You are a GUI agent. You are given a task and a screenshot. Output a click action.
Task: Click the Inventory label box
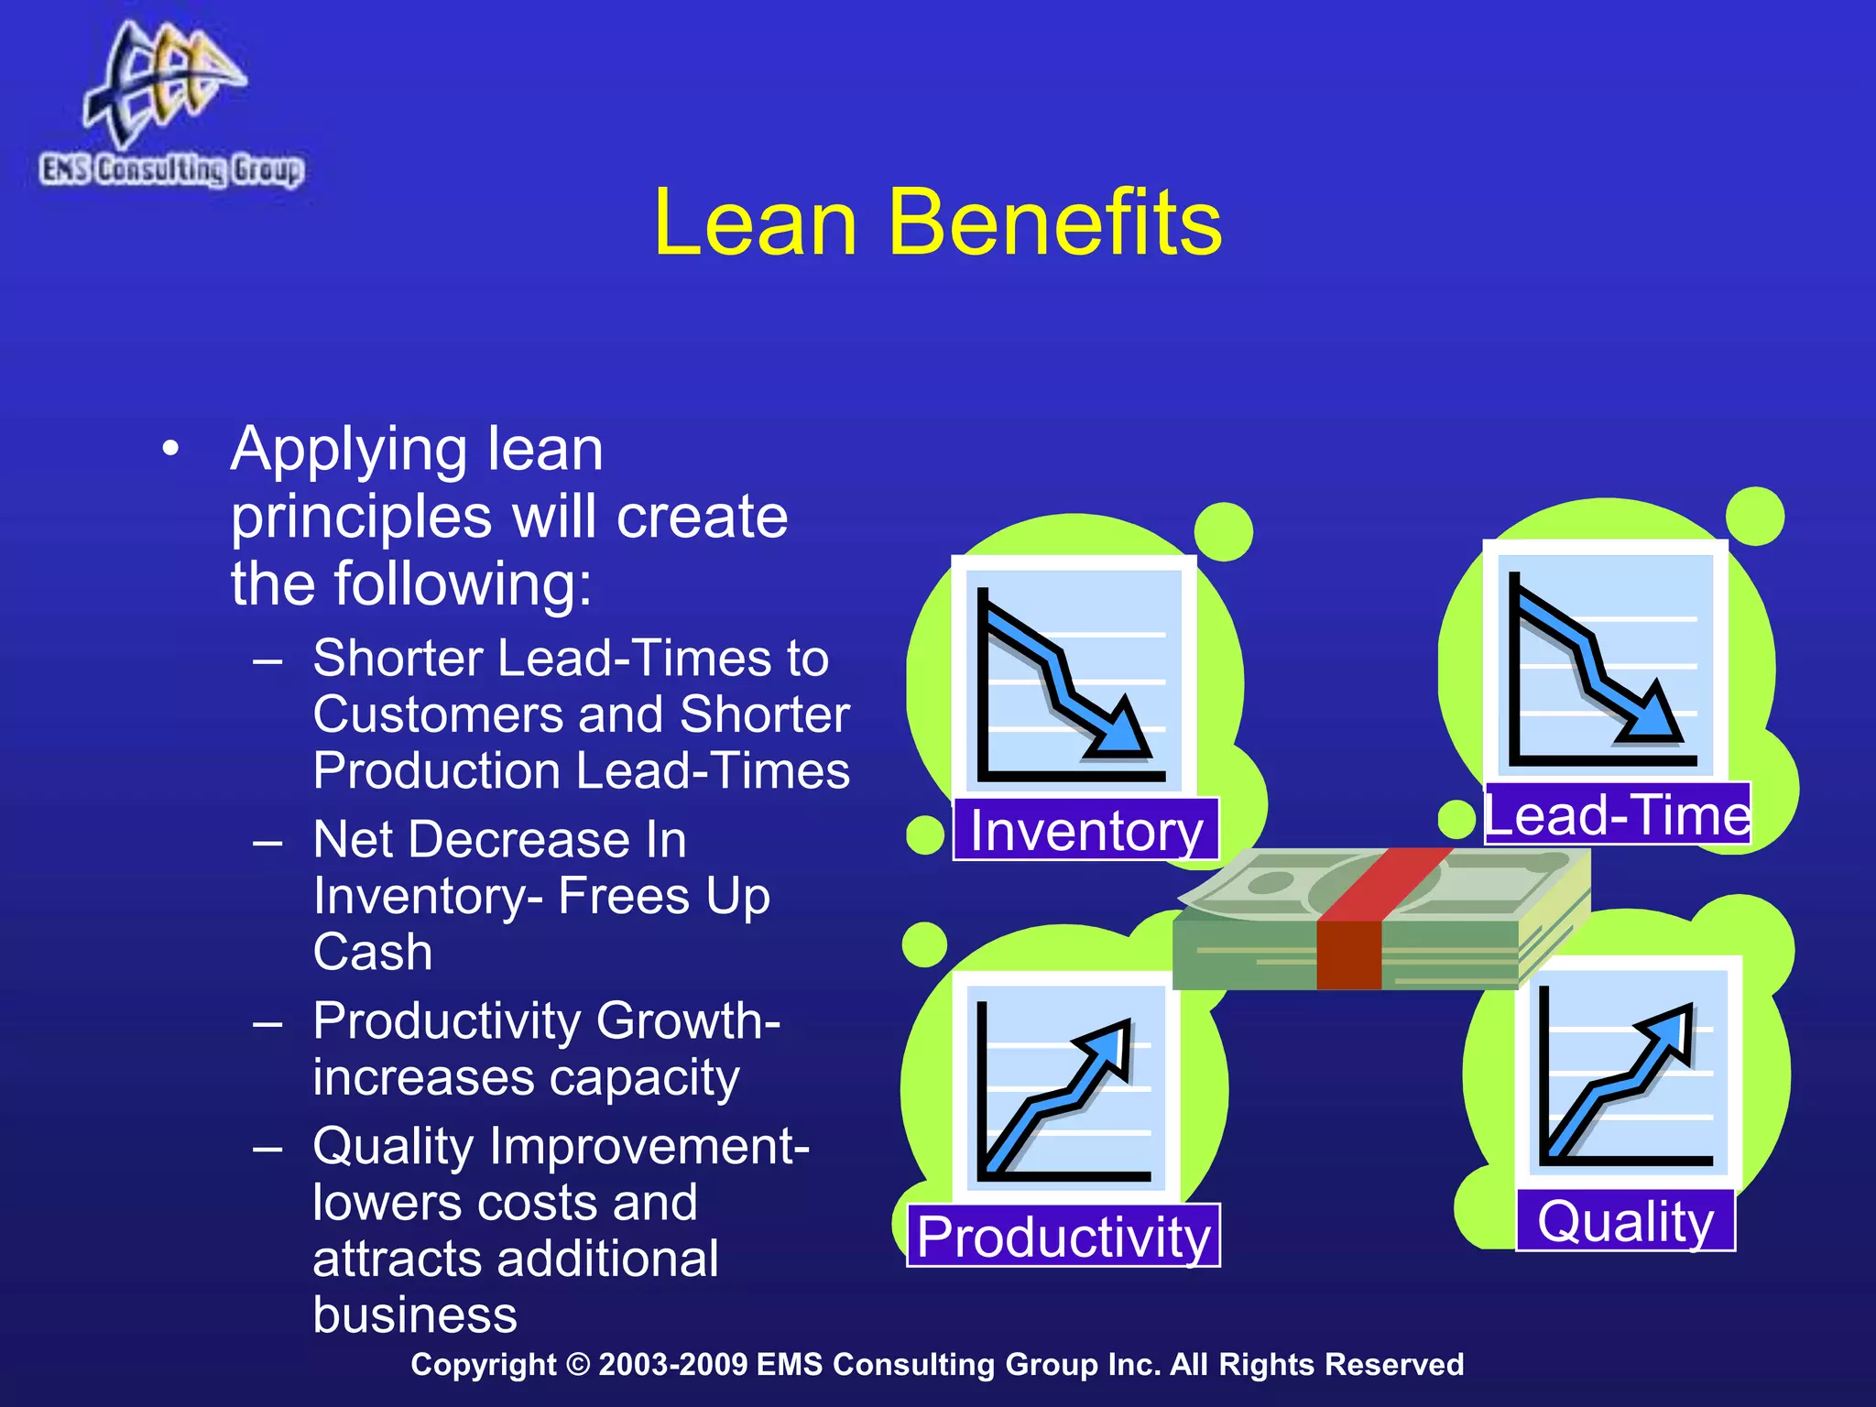point(1085,829)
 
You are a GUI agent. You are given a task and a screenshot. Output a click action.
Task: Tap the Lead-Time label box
point(1617,813)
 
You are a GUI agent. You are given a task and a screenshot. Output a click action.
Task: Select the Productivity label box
point(1063,1235)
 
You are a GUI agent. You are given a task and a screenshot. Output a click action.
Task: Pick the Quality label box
point(1625,1220)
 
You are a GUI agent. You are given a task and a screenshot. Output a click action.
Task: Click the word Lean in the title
point(756,223)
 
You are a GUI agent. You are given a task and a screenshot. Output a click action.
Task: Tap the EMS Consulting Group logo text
point(171,170)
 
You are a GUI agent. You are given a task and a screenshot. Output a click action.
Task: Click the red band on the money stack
point(1351,953)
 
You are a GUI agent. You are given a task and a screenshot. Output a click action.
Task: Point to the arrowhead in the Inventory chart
point(1119,733)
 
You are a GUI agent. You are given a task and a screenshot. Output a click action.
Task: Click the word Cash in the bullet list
point(373,952)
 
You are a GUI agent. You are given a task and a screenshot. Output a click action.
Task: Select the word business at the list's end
point(415,1314)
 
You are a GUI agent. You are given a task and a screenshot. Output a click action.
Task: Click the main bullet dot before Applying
point(169,451)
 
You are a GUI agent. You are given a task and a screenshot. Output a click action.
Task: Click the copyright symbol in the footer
point(578,1364)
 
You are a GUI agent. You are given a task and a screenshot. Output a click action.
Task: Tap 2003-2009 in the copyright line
point(672,1364)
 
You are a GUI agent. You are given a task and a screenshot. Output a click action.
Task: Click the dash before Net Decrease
point(267,841)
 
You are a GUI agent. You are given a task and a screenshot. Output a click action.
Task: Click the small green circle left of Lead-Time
point(1456,818)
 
